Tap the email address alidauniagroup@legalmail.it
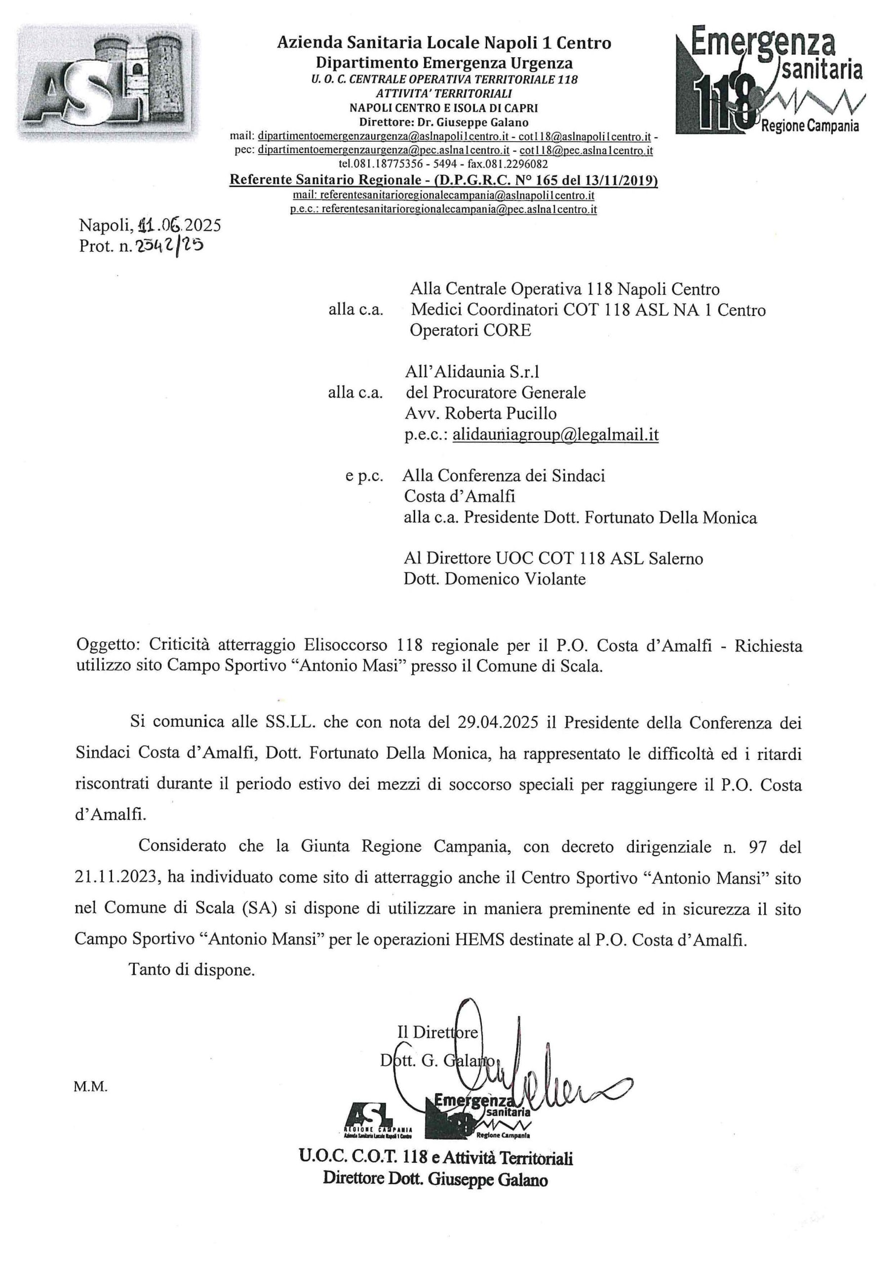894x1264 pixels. tap(555, 435)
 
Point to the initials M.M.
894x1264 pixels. tap(91, 1087)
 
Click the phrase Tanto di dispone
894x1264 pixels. tap(192, 969)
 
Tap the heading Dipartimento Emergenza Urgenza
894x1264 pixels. tap(444, 63)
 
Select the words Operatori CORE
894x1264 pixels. tap(470, 330)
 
